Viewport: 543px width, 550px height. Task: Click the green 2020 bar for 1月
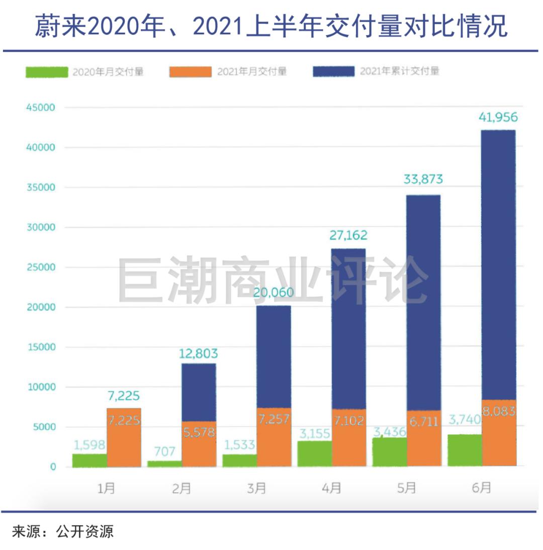[90, 461]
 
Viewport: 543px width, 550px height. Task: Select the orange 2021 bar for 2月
[199, 444]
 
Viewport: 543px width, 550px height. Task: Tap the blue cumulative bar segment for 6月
[498, 265]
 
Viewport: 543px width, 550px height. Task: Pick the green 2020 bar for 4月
[315, 453]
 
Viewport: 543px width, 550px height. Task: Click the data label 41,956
[498, 117]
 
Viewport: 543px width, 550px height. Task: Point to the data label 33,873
[423, 179]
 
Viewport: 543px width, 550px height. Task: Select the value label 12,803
[199, 353]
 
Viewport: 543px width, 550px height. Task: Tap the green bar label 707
[164, 451]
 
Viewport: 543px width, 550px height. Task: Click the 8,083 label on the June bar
[498, 411]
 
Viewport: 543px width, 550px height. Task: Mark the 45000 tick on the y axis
[41, 107]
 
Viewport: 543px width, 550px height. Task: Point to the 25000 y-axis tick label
[41, 267]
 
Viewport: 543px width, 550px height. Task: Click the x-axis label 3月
[256, 488]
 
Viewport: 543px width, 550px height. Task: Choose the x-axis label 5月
[407, 488]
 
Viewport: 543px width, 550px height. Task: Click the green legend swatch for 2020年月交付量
[47, 72]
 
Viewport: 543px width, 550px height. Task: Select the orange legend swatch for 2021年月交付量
[191, 71]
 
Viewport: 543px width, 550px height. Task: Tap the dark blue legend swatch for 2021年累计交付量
[333, 71]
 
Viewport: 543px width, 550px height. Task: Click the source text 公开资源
[84, 532]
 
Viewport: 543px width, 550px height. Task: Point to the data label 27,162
[348, 235]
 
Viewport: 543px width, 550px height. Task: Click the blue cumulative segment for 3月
[274, 357]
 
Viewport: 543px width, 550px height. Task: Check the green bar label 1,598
[89, 445]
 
